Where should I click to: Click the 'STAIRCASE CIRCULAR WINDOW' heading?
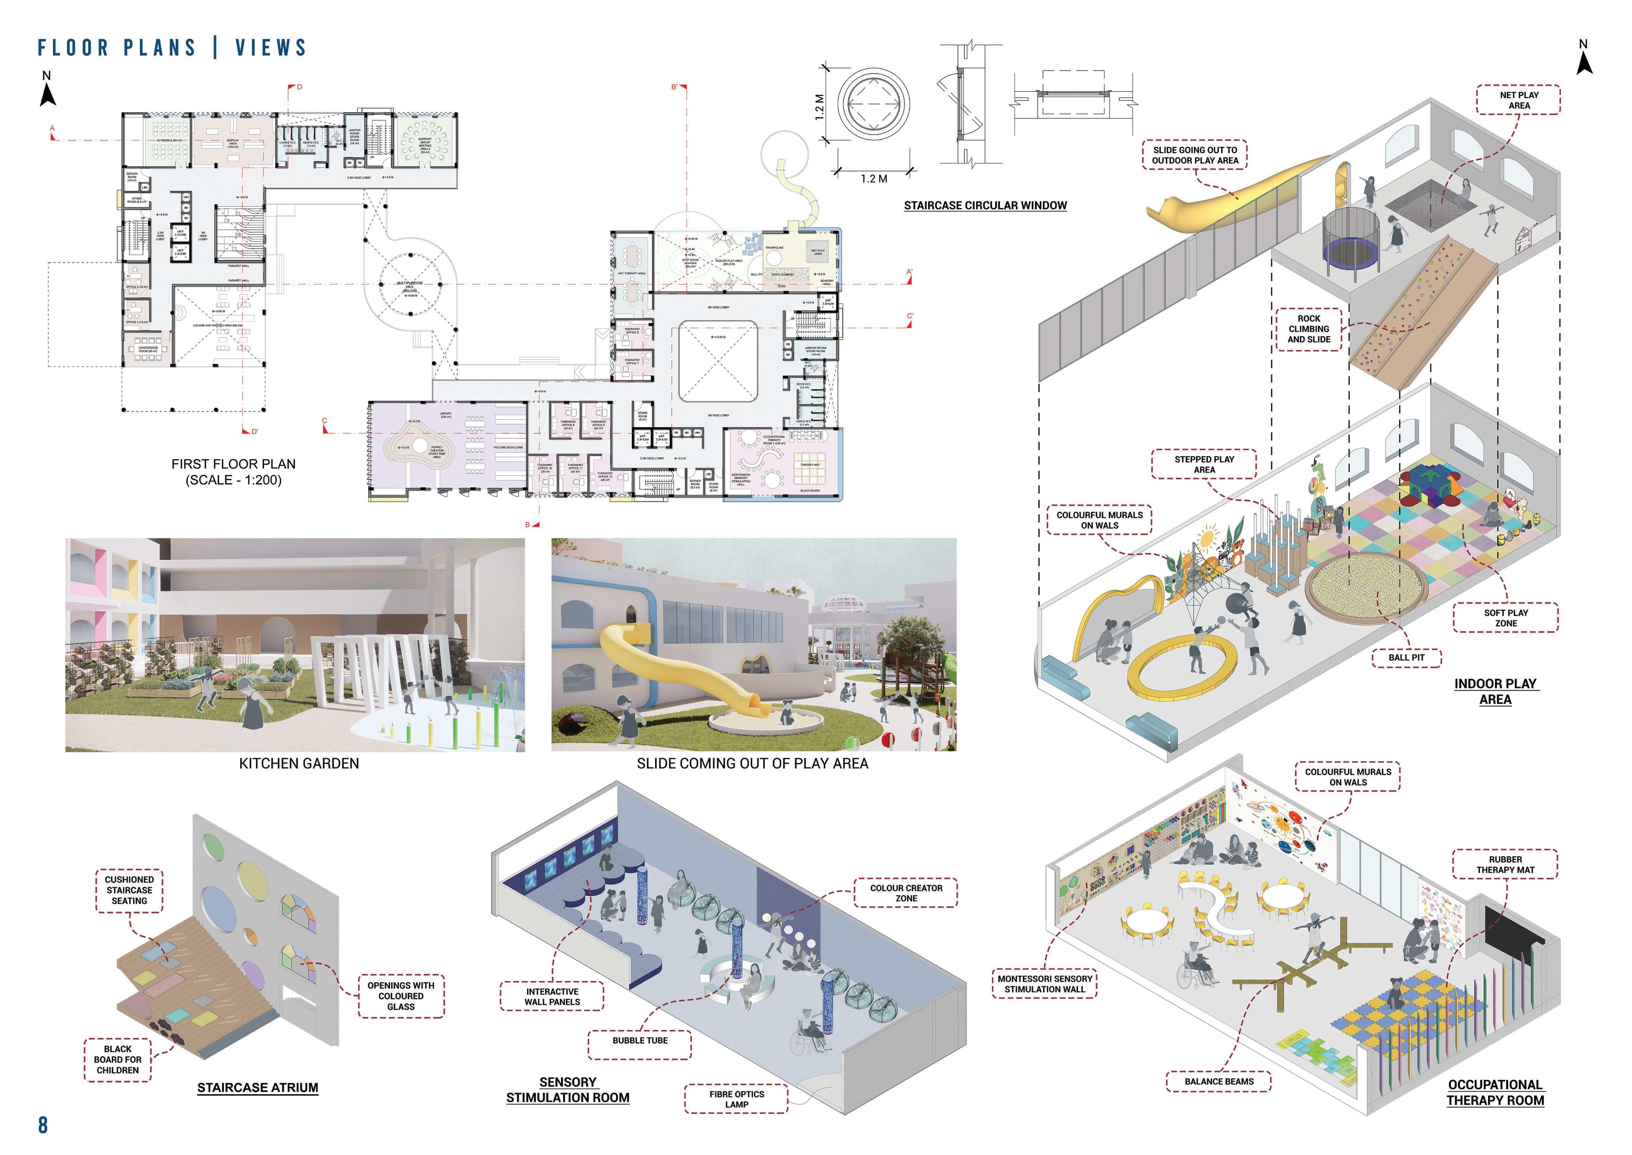[x=985, y=205]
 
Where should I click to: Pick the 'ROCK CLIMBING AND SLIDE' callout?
[x=1309, y=329]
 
